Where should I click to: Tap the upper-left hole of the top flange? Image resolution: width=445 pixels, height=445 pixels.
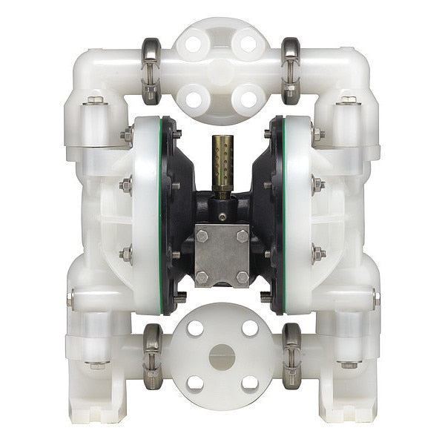click(x=195, y=44)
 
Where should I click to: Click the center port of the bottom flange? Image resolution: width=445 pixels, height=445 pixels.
click(x=222, y=356)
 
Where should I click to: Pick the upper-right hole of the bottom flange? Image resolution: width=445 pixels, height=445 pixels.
click(x=250, y=328)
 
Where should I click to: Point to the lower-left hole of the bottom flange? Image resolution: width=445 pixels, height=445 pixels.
click(x=194, y=383)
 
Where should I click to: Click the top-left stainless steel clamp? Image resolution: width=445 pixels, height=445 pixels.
click(x=151, y=70)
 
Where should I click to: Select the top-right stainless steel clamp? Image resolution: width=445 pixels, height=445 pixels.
click(x=291, y=70)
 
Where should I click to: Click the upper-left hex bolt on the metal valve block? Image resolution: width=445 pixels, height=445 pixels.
click(x=201, y=237)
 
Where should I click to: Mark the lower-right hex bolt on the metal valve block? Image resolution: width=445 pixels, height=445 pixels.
click(x=242, y=277)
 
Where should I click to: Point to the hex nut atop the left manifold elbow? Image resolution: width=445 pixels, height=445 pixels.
click(x=94, y=100)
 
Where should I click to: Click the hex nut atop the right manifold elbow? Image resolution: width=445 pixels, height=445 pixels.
click(x=348, y=100)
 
